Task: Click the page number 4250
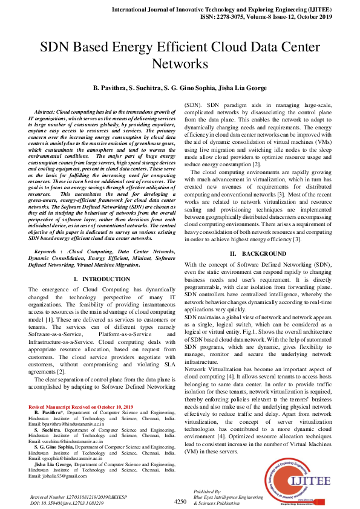(180, 501)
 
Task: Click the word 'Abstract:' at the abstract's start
(48, 112)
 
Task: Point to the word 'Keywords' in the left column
(48, 250)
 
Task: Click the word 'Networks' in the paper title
(180, 63)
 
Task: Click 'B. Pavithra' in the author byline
(109, 88)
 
